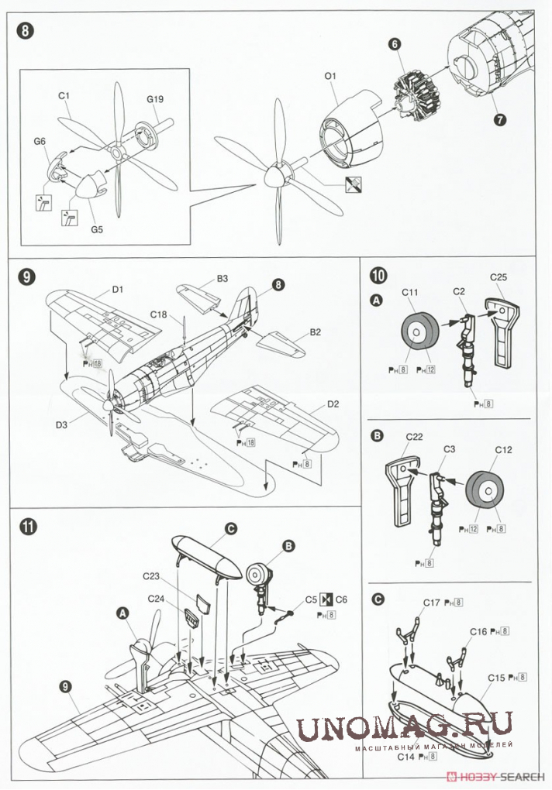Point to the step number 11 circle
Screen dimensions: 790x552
(27, 527)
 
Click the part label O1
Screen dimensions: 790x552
(329, 76)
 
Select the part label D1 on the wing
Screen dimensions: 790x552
(118, 290)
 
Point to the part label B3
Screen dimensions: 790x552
(223, 278)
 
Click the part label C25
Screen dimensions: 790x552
(499, 277)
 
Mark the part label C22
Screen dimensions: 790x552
(414, 437)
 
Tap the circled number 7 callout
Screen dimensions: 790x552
(499, 120)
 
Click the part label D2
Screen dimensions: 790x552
(332, 404)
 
